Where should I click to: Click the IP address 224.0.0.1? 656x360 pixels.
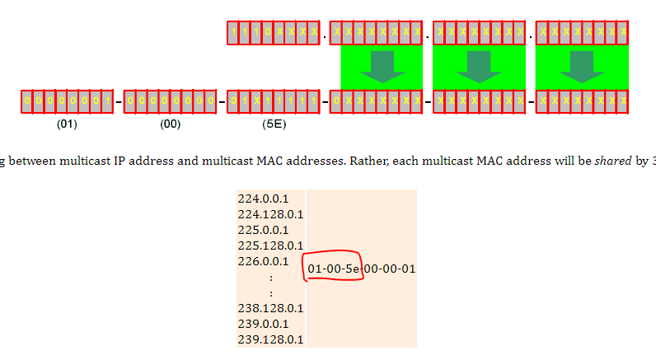[259, 199]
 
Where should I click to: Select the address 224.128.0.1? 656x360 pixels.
[270, 214]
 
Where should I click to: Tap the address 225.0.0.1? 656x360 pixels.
[259, 230]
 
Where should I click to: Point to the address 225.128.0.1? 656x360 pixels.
[270, 245]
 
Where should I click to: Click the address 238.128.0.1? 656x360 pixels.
[270, 308]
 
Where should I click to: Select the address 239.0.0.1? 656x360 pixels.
[259, 324]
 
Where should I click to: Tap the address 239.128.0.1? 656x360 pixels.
[270, 339]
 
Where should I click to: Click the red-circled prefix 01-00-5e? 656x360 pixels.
[335, 269]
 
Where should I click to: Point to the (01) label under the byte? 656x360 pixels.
[68, 125]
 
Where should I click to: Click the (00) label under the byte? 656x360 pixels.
[171, 125]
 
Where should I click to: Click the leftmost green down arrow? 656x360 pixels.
[382, 67]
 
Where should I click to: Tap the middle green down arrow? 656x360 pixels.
[480, 67]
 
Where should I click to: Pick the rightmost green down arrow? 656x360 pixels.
[582, 67]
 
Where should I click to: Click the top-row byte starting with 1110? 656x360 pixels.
[274, 34]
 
